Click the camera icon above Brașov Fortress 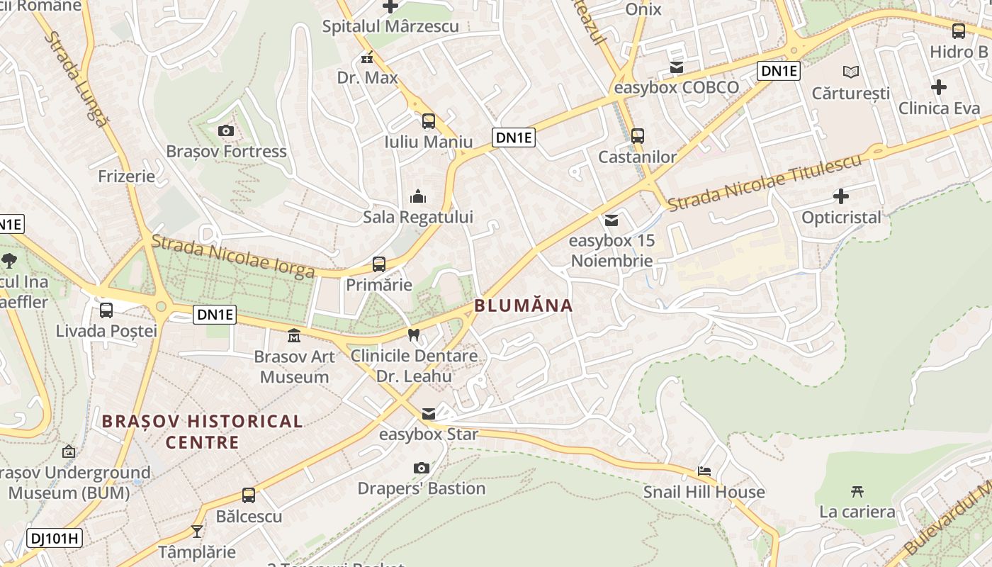click(226, 130)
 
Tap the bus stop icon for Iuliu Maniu click(429, 121)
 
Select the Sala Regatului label click(417, 217)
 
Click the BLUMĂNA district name click(523, 306)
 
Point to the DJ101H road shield click(55, 538)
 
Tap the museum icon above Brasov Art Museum click(294, 335)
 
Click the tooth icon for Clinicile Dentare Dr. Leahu click(414, 335)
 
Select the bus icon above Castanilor click(638, 136)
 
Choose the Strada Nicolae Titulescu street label click(765, 182)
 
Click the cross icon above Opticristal click(841, 196)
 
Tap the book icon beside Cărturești click(850, 72)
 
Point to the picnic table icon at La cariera click(857, 491)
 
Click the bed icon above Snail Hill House click(704, 471)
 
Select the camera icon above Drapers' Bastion click(422, 468)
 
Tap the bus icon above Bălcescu click(249, 495)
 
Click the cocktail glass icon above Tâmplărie click(197, 531)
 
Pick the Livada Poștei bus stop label click(106, 331)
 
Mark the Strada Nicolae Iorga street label click(233, 257)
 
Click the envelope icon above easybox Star click(429, 414)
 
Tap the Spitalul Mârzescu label click(390, 27)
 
